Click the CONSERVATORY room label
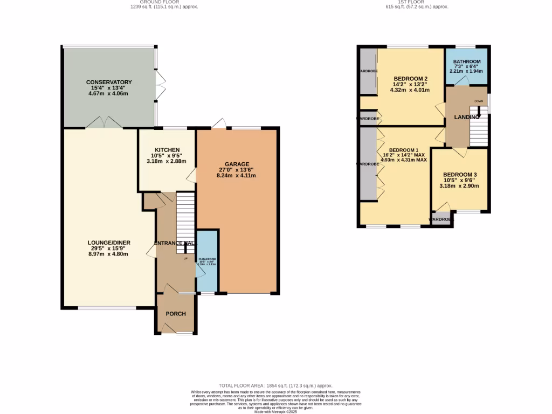point(109,82)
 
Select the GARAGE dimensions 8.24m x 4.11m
point(237,176)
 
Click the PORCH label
point(176,314)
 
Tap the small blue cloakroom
point(207,261)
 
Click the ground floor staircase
point(185,216)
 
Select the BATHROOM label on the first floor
point(466,62)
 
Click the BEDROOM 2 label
point(411,78)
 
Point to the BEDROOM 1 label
point(404,149)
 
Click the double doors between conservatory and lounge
point(104,122)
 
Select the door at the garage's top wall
point(218,124)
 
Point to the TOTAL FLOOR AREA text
point(275,386)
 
